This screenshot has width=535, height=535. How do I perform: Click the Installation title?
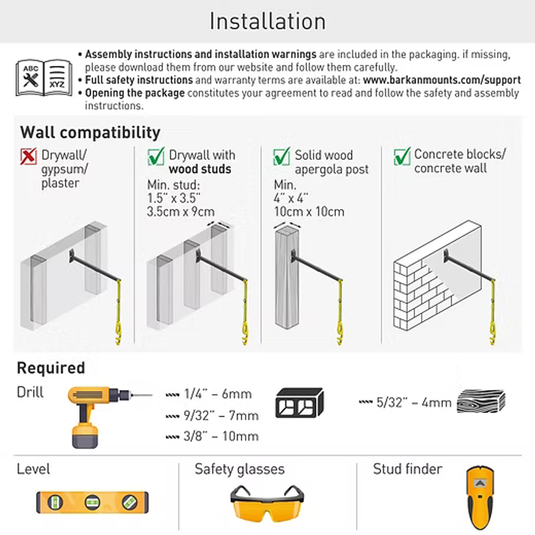(x=267, y=21)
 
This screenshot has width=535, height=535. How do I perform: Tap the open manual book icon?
(x=44, y=78)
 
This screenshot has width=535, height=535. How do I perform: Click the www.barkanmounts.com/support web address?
(x=442, y=80)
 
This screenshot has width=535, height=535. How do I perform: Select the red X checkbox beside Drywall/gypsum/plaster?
(x=28, y=157)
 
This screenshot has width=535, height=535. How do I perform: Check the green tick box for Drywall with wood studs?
(x=156, y=156)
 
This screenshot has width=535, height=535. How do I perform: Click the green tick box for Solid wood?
(x=282, y=156)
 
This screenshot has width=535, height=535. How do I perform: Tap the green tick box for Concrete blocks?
(x=402, y=156)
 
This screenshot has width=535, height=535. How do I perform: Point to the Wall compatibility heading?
(x=90, y=132)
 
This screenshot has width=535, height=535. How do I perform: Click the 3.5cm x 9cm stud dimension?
(x=181, y=211)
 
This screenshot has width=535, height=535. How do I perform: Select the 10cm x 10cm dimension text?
(x=309, y=211)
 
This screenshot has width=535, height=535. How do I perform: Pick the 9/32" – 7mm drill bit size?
(x=212, y=416)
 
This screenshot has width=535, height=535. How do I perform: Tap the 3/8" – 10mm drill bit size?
(x=212, y=436)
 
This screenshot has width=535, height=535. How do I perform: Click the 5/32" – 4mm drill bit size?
(x=406, y=403)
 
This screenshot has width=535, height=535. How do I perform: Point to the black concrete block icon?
(x=299, y=403)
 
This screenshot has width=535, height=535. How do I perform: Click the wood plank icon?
(x=481, y=401)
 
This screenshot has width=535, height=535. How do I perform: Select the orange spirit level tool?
(x=93, y=502)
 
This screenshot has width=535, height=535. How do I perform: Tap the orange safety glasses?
(x=267, y=503)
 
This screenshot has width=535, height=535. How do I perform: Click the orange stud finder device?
(x=480, y=498)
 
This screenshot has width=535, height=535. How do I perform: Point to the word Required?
(x=51, y=368)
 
